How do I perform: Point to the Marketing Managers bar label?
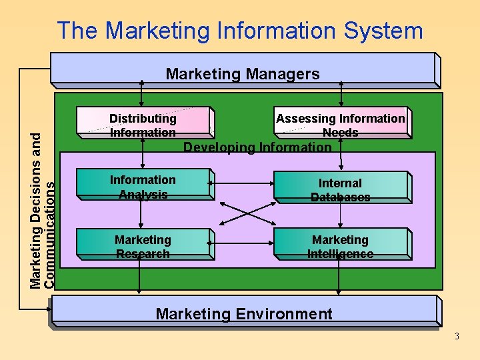coord(243,73)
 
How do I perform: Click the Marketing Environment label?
coord(243,313)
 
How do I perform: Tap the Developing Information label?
coord(257,147)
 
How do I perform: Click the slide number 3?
coord(457,336)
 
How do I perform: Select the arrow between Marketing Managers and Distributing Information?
coord(142,93)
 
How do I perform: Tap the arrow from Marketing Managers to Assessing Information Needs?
coord(341,93)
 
